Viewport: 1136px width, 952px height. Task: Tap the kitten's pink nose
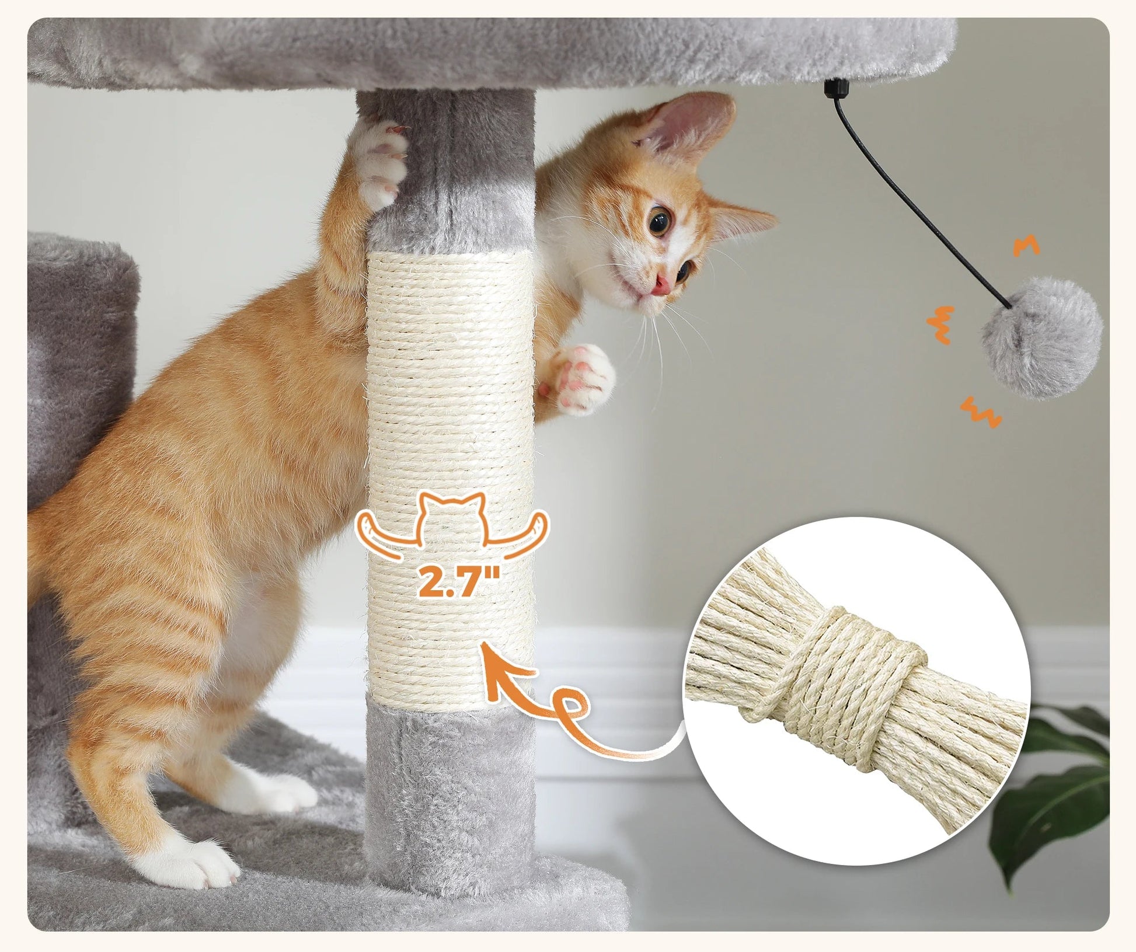click(661, 284)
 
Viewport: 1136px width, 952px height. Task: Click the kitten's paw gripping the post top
click(382, 158)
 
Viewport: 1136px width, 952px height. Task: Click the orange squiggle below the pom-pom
click(981, 412)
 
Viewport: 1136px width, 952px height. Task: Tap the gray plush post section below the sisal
click(449, 788)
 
